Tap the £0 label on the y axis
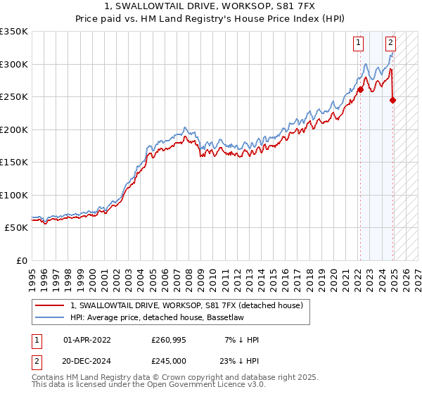[x=20, y=260]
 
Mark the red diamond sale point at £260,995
[x=360, y=89]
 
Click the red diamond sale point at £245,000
[x=393, y=100]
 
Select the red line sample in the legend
[x=51, y=305]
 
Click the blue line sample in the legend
[x=51, y=317]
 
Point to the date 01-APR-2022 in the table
[x=87, y=340]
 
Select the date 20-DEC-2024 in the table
[x=87, y=362]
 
